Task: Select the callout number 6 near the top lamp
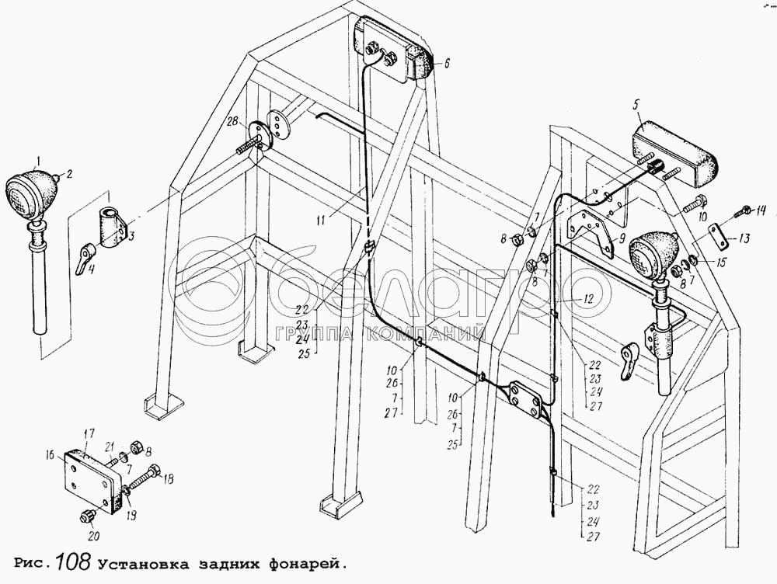(x=447, y=64)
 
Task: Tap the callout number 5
(x=635, y=104)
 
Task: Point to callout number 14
(x=761, y=210)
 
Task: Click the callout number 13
(x=745, y=238)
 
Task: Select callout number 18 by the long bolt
(x=169, y=478)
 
